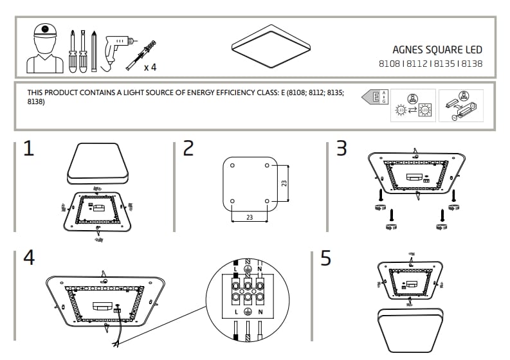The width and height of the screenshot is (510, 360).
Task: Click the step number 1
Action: (28, 148)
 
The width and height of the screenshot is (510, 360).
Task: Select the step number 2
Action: (188, 148)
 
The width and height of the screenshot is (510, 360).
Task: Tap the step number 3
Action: (342, 148)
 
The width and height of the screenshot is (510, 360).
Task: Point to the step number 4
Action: (29, 257)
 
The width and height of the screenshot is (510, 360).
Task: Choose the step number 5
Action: (326, 258)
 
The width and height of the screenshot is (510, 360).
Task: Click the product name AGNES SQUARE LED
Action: (437, 50)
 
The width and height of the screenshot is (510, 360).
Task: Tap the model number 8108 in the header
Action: (389, 64)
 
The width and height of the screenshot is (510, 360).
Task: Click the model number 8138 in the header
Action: (472, 64)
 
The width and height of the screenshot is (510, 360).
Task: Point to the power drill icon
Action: (116, 45)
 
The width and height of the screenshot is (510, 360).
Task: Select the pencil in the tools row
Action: (94, 50)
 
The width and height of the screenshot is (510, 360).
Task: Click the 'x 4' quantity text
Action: (150, 67)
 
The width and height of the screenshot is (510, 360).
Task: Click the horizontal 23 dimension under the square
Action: (249, 217)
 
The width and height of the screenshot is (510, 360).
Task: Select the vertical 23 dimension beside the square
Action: (284, 183)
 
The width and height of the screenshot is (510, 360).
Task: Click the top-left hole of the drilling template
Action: (232, 166)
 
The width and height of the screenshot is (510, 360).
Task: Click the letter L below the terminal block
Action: (236, 311)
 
